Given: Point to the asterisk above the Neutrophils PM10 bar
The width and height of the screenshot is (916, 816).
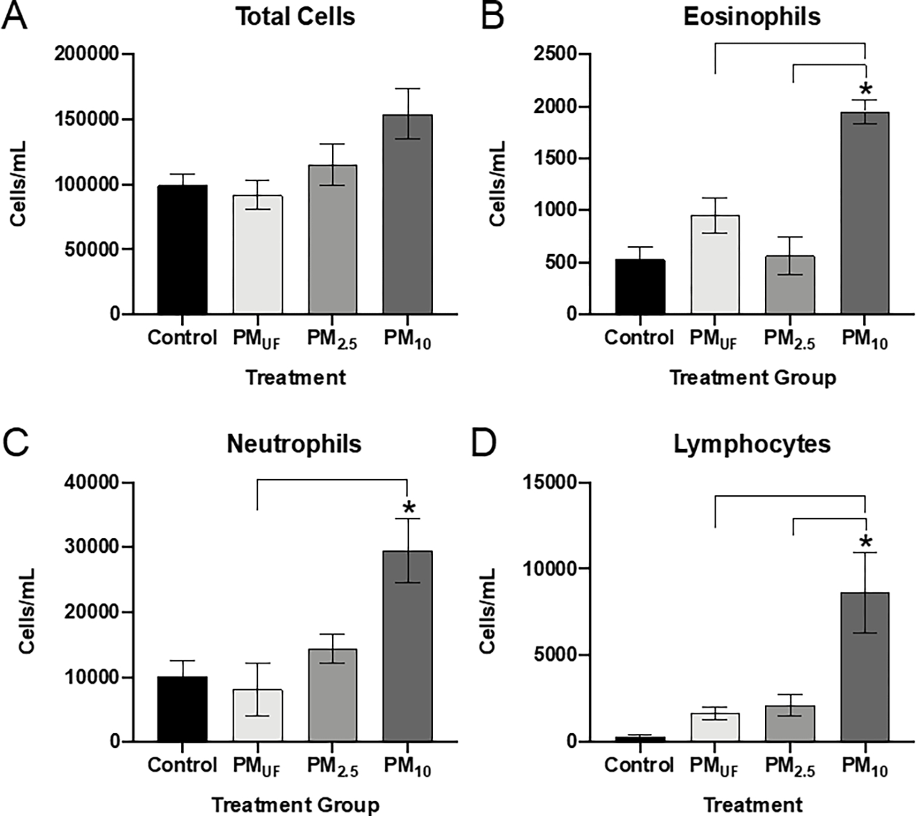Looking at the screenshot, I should [409, 508].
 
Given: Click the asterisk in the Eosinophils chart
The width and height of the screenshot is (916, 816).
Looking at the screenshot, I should [865, 90].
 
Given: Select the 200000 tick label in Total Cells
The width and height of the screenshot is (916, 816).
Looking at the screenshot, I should [86, 54].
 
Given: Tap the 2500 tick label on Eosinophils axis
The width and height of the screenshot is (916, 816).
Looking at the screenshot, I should [555, 54].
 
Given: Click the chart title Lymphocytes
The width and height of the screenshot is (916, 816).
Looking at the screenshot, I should [752, 444].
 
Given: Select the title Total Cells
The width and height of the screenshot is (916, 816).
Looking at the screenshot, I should [295, 16].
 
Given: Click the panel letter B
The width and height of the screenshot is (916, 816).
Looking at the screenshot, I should [492, 16].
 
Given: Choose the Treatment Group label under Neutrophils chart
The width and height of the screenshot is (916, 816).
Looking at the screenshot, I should [295, 805].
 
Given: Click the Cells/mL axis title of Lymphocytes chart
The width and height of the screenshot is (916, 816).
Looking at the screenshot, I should [487, 610].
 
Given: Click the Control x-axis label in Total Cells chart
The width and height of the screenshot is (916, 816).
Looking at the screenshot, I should [182, 337].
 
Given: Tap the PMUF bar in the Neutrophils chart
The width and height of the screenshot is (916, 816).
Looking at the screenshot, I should [258, 715].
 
